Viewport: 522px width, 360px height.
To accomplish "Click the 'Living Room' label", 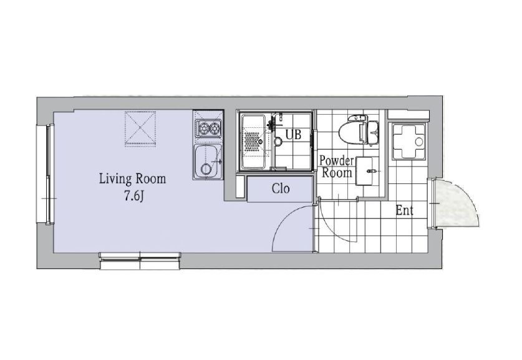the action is point(132,179).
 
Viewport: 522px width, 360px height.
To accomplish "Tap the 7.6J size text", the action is point(134,197).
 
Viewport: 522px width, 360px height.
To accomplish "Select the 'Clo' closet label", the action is point(281,189).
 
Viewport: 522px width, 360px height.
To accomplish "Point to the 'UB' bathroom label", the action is point(293,135).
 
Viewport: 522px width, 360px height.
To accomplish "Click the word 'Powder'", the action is point(337,161).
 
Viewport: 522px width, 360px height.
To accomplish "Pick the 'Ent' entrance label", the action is point(405,210).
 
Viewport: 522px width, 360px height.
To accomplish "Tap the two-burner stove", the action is point(208,128).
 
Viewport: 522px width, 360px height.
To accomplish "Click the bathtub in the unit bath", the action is point(254,142).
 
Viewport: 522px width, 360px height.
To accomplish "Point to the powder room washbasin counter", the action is point(365,171).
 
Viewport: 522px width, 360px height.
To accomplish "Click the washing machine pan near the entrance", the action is point(408,141).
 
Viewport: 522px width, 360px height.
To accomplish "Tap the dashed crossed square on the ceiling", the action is point(140,129).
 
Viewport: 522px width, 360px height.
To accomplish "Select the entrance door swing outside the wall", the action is point(455,203).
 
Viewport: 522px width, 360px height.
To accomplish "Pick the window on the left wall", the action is point(50,174).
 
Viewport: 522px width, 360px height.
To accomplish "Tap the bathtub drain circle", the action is point(260,142).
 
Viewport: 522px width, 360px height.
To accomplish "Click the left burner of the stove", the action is point(202,127).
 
